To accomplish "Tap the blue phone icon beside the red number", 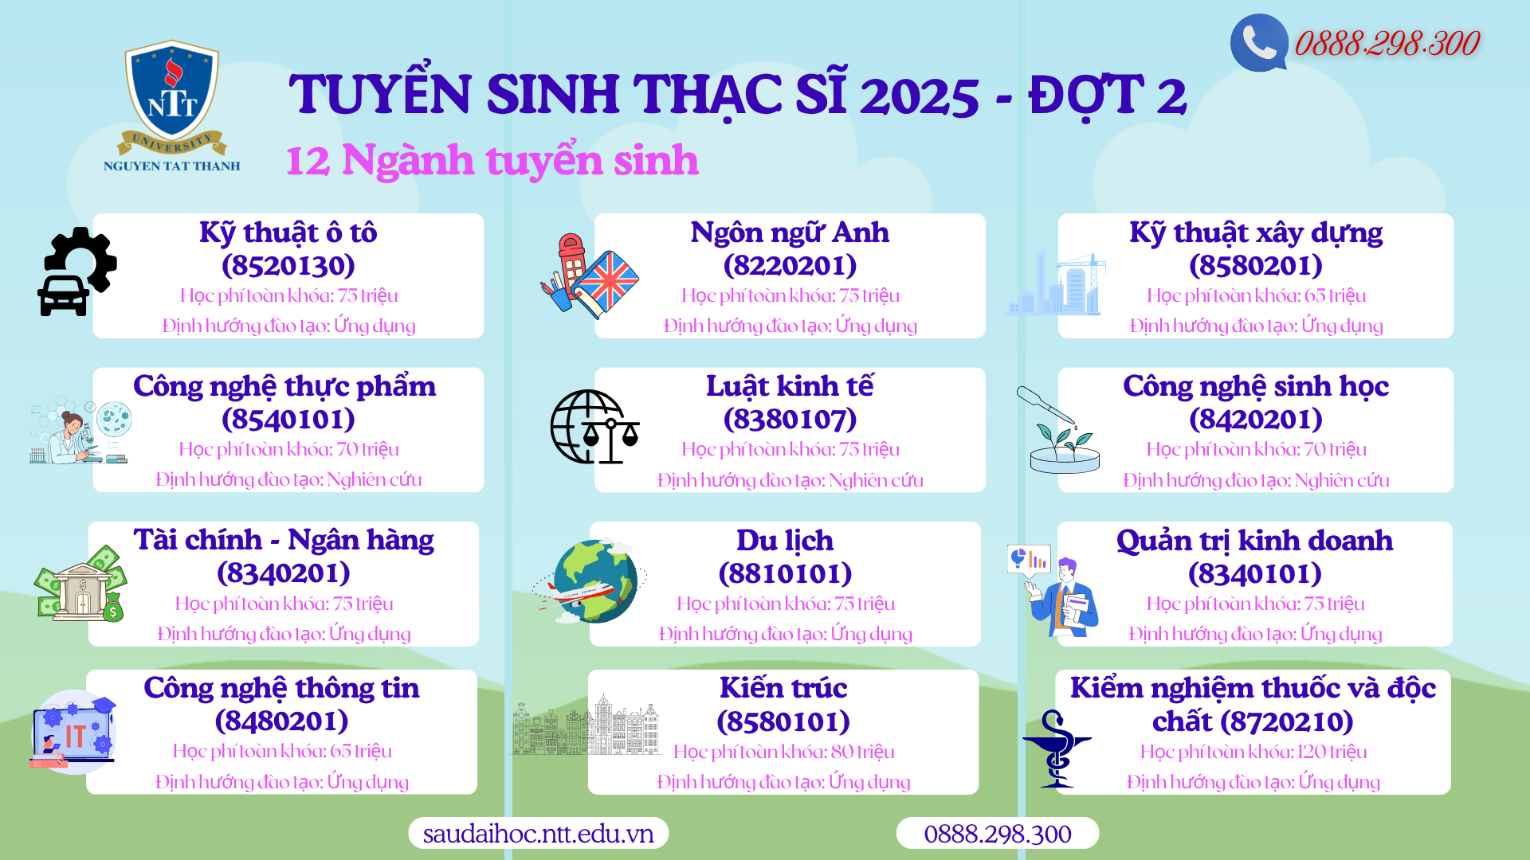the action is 1259,43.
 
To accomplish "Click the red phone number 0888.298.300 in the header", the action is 1387,43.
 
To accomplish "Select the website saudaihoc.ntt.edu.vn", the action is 538,833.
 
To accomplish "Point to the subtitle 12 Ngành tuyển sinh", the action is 492,159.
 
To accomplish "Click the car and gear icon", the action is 77,272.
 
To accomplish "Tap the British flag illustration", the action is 606,283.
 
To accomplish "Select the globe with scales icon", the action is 594,427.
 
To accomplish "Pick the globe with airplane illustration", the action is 591,580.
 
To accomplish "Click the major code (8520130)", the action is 288,265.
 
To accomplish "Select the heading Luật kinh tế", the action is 790,385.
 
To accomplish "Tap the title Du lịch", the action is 785,540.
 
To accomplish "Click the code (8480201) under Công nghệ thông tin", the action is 282,721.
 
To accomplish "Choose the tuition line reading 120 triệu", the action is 1253,752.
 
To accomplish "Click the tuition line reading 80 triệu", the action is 783,752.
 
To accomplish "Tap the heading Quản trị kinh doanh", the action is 1254,540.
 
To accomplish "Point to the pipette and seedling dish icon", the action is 1059,430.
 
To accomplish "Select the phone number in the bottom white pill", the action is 998,834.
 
